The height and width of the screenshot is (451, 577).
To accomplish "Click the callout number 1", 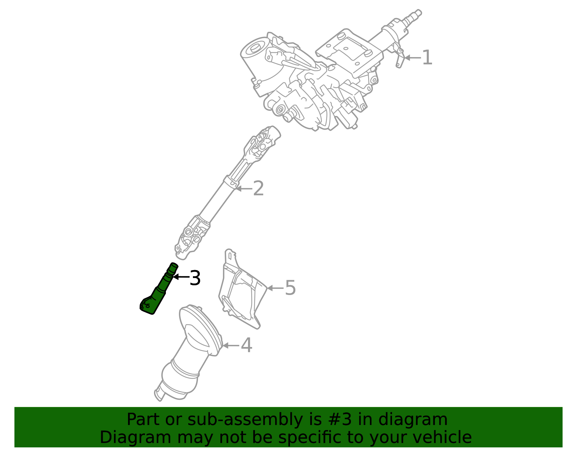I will click(427, 58).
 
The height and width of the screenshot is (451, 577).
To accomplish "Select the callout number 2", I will click(258, 188).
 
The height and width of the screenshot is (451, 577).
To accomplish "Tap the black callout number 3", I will click(195, 278).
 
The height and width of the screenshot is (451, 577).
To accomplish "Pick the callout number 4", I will click(246, 346).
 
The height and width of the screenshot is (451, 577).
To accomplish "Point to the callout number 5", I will click(290, 288).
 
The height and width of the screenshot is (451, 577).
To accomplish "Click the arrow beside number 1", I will click(413, 58).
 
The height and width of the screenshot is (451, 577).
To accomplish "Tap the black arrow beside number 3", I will click(181, 277).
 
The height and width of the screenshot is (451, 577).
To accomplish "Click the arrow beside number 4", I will click(231, 346).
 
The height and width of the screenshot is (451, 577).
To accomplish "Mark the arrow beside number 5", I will click(275, 288).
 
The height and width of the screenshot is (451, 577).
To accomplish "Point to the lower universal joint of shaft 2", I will click(191, 237).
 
